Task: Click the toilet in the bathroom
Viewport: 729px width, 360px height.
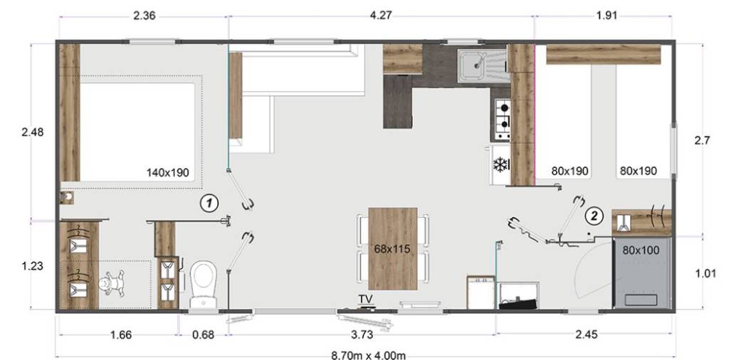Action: click(203, 283)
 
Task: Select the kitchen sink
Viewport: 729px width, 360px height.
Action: click(481, 66)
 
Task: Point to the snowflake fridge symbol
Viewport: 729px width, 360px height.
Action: click(500, 165)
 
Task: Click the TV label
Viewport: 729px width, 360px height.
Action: click(365, 298)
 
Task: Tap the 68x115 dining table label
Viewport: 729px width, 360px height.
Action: click(392, 249)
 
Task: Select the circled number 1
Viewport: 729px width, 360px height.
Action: click(209, 203)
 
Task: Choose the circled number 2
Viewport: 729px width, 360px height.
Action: click(594, 215)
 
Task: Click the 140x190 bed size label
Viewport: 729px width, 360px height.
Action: click(168, 173)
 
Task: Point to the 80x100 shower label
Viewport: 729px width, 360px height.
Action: click(641, 250)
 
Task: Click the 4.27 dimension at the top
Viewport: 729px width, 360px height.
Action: click(381, 16)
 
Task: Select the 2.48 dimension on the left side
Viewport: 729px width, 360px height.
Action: click(33, 132)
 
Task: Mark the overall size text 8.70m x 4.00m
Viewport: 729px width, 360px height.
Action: click(368, 355)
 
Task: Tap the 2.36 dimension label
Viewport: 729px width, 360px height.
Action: click(144, 16)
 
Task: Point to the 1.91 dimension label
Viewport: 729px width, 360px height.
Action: click(607, 16)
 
